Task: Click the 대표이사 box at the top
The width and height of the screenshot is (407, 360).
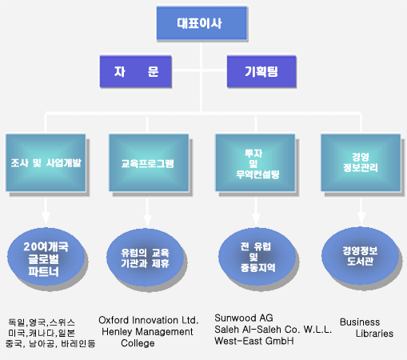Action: pyautogui.click(x=202, y=23)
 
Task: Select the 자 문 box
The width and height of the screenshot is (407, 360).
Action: pyautogui.click(x=136, y=71)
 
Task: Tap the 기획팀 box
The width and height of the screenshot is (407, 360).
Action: pyautogui.click(x=261, y=71)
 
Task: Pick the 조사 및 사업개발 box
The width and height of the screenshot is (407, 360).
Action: pyautogui.click(x=46, y=162)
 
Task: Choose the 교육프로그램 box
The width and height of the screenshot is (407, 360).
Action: pyautogui.click(x=149, y=162)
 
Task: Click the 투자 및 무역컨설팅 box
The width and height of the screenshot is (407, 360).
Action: pyautogui.click(x=255, y=162)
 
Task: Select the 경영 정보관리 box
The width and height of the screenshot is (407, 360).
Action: pyautogui.click(x=361, y=162)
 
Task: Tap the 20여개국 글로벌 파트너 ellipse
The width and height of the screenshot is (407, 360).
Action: pyautogui.click(x=46, y=258)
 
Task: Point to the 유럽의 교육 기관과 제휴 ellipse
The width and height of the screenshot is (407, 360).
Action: pyautogui.click(x=146, y=258)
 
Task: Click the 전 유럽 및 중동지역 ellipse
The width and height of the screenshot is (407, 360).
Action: pyautogui.click(x=257, y=257)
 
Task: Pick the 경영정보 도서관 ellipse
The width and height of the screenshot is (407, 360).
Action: pyautogui.click(x=360, y=255)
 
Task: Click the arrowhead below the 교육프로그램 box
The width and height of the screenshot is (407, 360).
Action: pyautogui.click(x=147, y=221)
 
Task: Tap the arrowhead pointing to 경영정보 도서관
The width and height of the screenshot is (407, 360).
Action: pyautogui.click(x=361, y=218)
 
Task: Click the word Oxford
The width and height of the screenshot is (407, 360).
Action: pyautogui.click(x=114, y=320)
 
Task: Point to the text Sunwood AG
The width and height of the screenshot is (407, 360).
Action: pyautogui.click(x=244, y=318)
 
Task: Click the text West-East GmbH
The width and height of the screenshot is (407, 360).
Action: pyautogui.click(x=254, y=341)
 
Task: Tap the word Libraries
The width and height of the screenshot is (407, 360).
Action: pyautogui.click(x=374, y=334)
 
